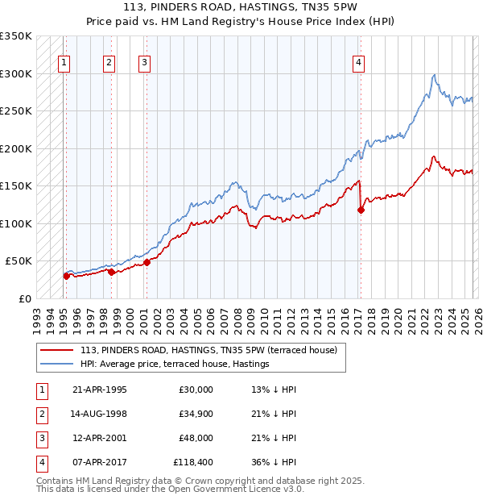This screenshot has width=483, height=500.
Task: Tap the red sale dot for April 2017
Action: click(361, 210)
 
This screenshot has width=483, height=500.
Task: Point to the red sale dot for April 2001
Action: click(147, 262)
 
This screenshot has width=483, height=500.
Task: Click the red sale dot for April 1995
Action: click(66, 276)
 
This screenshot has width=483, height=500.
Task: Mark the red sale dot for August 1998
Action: click(111, 272)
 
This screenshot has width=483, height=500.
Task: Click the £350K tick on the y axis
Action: click(16, 36)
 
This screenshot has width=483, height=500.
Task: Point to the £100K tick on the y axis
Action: click(16, 223)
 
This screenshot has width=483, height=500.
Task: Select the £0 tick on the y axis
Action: click(25, 298)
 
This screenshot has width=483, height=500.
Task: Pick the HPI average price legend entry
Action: click(174, 365)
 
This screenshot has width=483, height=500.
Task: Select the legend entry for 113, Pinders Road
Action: click(213, 350)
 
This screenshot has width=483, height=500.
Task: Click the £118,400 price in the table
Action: click(192, 463)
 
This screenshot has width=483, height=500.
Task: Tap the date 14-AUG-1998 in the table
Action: click(99, 414)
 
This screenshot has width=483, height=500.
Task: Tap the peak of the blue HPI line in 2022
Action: click(435, 75)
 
